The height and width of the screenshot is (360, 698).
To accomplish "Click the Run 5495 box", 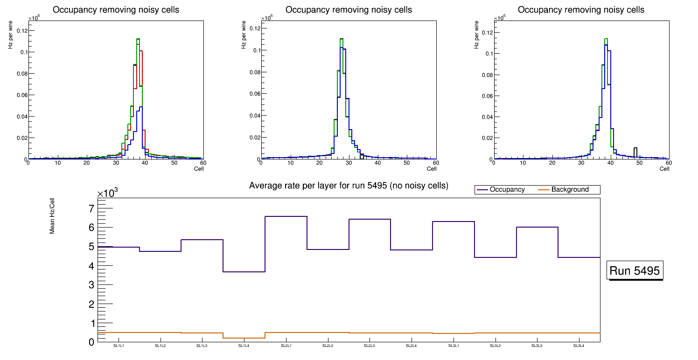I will coord(635,270).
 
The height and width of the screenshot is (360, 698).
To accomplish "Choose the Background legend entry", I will coord(570,190).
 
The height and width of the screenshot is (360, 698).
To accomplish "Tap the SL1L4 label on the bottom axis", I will coord(244,346).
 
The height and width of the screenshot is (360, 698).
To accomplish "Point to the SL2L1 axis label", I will coord(286,346).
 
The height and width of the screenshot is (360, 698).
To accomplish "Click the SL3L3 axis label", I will coord(537,346).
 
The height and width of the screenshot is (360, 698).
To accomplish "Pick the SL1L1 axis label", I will coord(119,346).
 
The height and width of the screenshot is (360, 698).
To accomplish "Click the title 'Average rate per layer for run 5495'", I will coord(349,186).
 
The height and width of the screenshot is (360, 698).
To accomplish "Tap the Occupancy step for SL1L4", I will coord(244,272).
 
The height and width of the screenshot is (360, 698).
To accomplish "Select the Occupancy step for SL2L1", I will coord(286,216).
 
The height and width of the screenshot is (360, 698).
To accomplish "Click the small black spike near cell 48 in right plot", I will coord(635,148).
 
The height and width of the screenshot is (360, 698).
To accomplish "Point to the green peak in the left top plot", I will coord(138,39).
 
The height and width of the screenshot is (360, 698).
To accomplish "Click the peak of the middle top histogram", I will coord(342,39).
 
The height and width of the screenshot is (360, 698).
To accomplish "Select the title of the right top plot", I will coord(581,10).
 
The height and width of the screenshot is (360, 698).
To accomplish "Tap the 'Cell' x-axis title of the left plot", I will coord(199,169).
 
